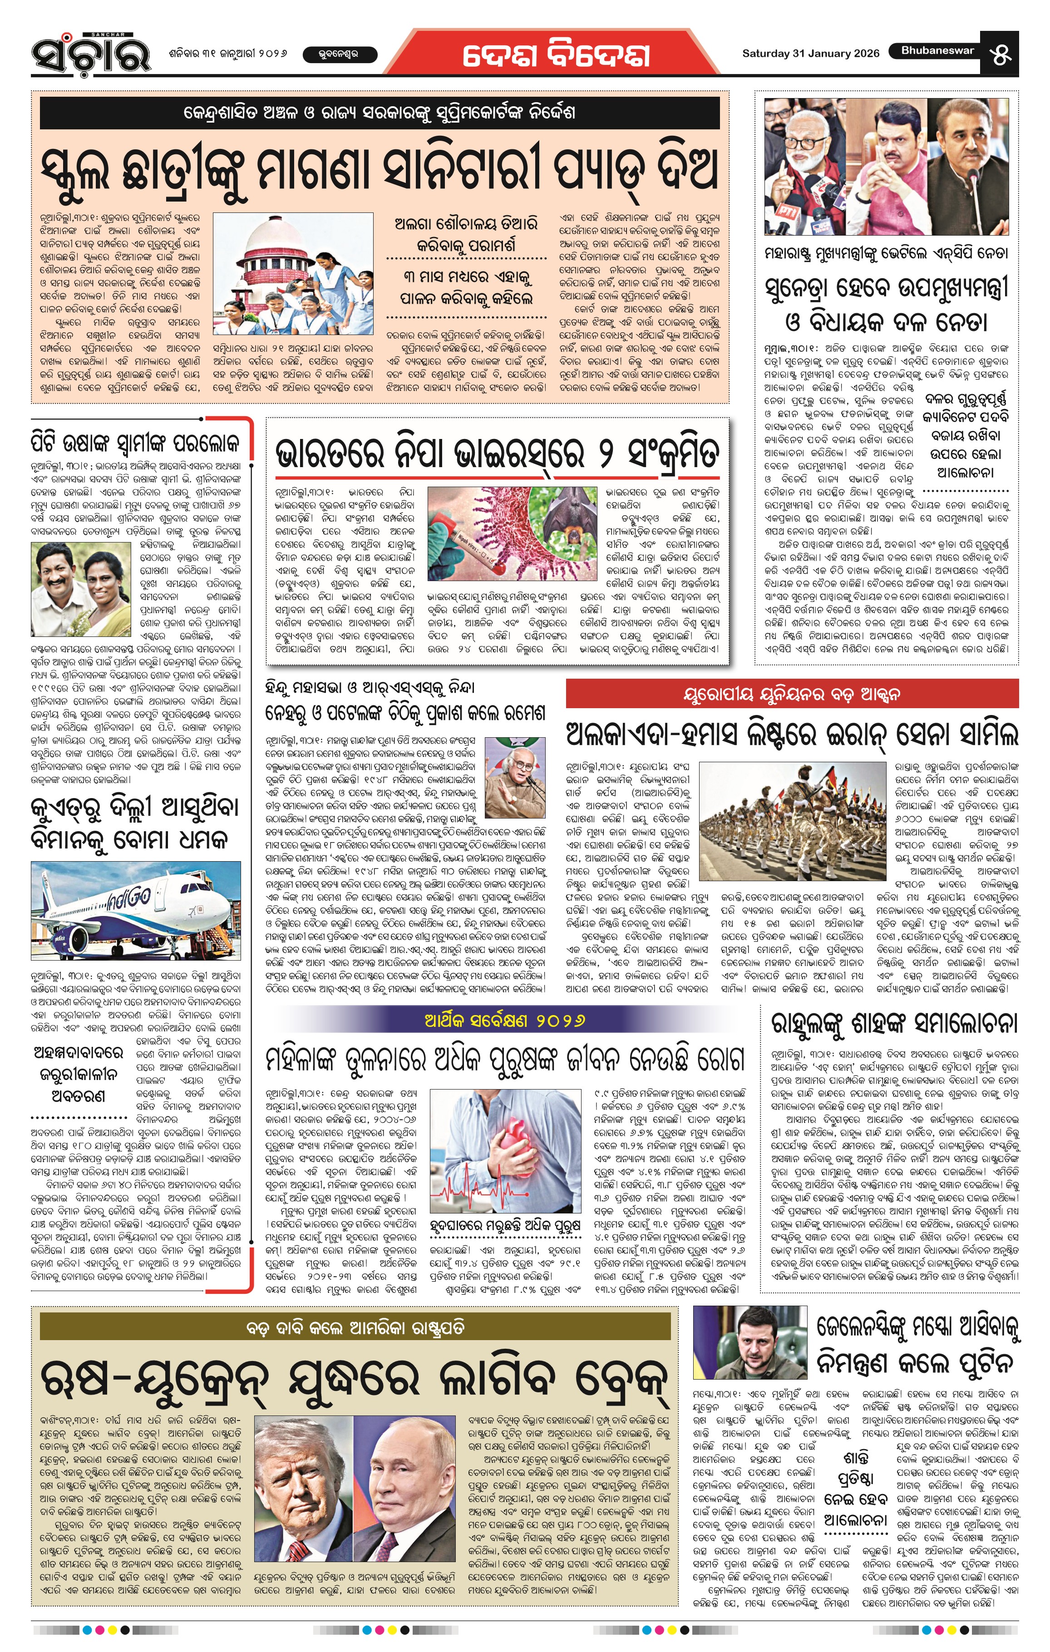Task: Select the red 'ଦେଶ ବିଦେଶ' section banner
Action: pos(556,55)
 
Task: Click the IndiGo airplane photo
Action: pos(136,910)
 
